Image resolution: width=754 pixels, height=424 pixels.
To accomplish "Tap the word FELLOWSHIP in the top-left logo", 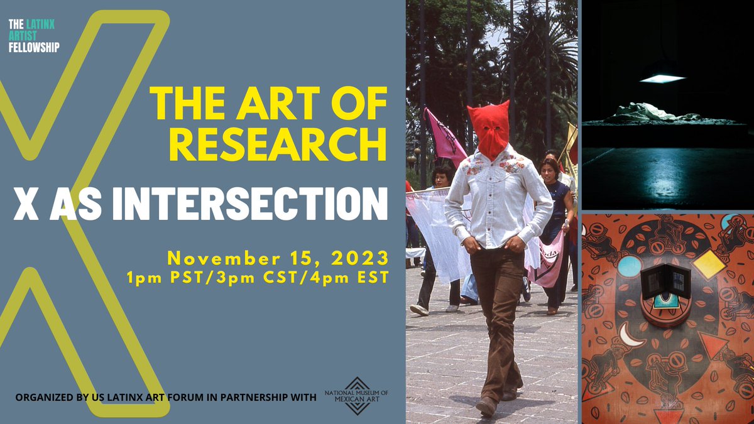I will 34,48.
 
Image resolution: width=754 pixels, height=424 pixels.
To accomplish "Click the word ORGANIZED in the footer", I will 45,397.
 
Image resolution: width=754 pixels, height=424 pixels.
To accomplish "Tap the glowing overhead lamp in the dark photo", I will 662,78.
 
